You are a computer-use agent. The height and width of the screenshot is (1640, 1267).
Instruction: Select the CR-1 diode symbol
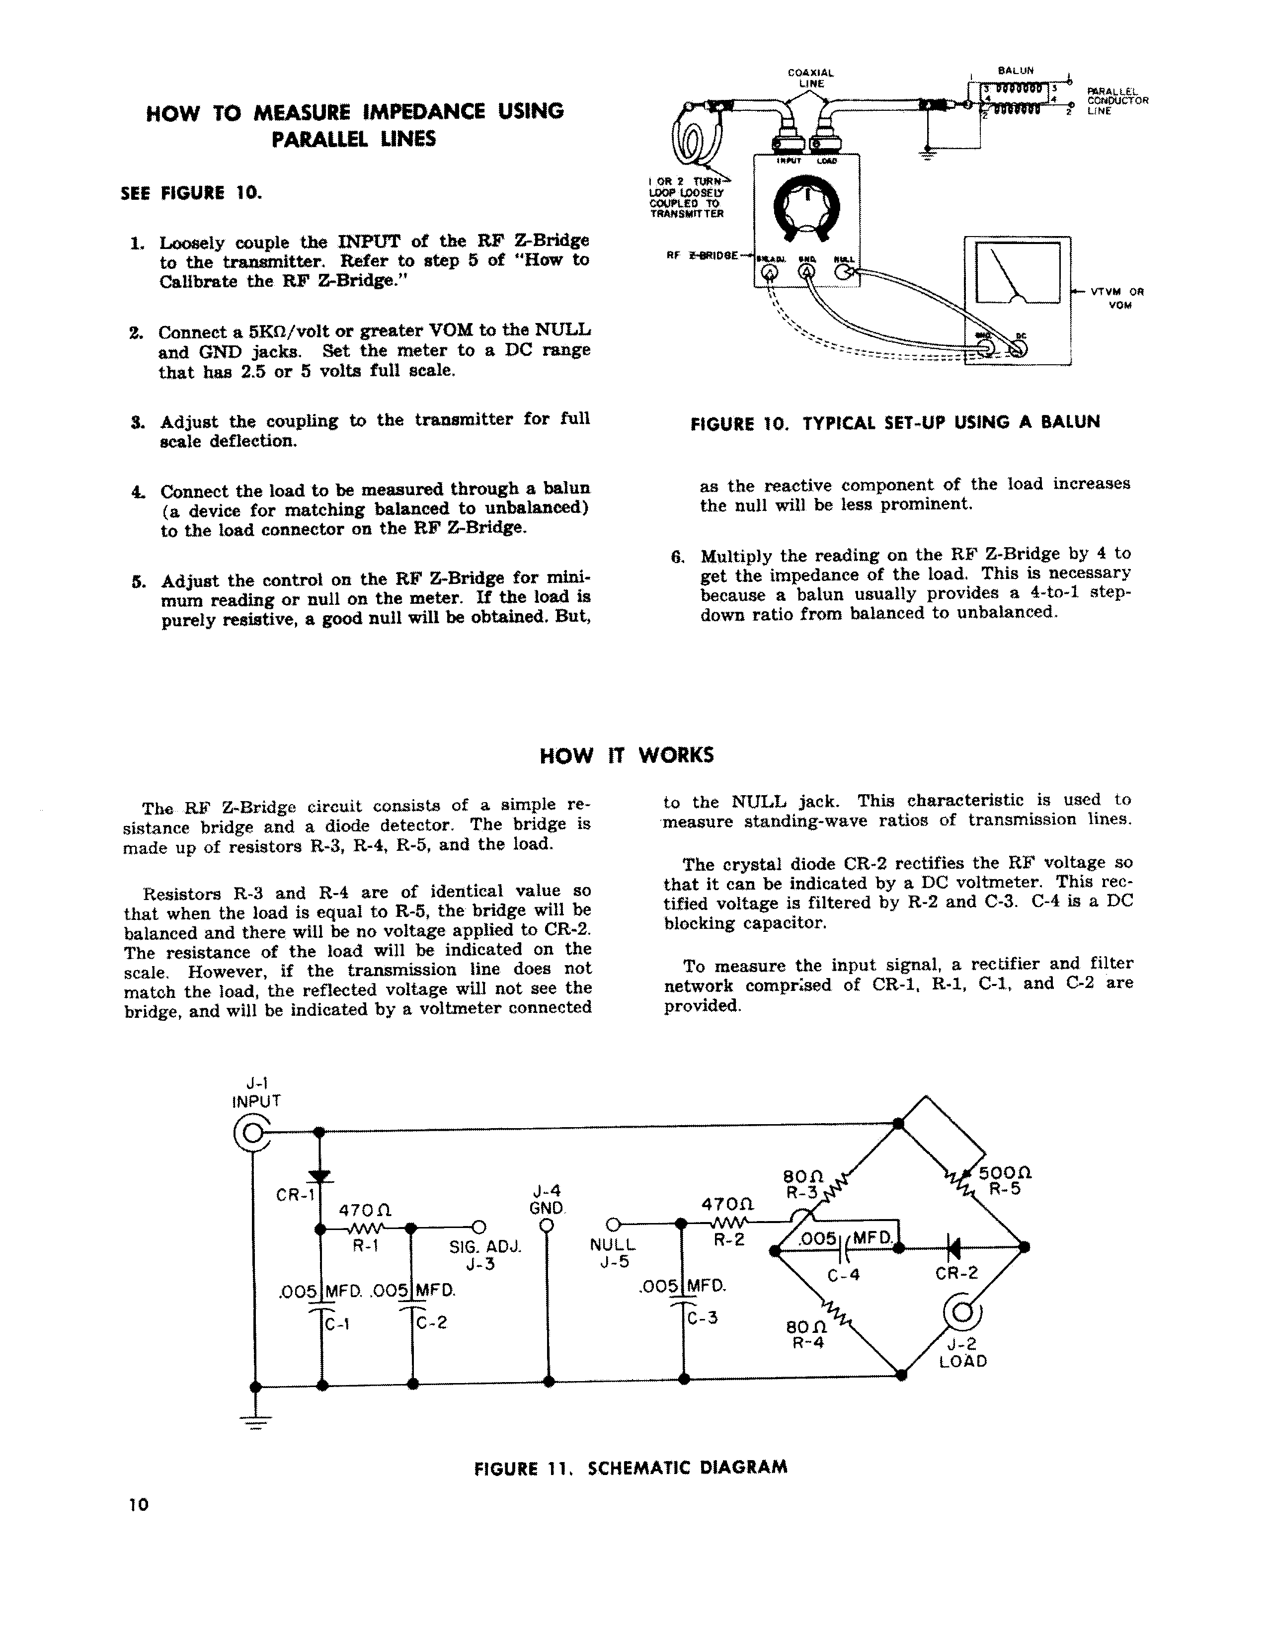(320, 1176)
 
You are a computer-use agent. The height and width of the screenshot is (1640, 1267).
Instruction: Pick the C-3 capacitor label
(703, 1317)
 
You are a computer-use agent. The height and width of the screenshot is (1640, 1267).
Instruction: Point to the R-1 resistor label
(366, 1246)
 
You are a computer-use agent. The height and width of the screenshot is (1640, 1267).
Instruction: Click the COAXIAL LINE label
(811, 78)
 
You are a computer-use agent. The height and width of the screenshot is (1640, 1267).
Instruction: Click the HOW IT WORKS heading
(627, 755)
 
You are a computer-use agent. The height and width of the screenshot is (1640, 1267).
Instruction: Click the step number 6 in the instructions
(677, 557)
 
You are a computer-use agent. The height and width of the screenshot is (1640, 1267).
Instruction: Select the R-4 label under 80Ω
(807, 1342)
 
